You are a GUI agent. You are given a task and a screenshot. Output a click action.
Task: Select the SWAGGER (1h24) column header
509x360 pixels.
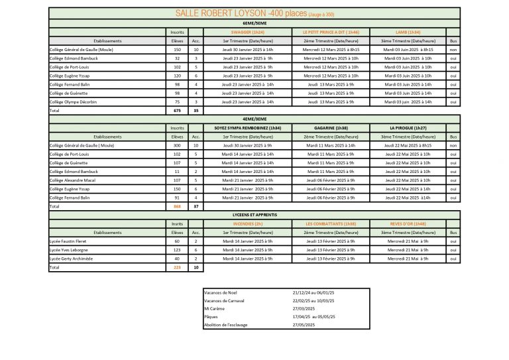[248, 32]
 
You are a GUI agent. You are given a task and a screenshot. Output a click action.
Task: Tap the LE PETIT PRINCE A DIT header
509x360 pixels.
[331, 32]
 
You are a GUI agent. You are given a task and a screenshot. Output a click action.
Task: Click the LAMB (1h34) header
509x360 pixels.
[408, 32]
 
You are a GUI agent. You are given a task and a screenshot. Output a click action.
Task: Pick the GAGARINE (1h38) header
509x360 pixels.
[331, 127]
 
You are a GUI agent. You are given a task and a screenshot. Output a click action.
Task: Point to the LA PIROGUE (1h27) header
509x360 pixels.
[408, 127]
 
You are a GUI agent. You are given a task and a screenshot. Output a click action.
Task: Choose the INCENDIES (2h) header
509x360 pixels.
[248, 224]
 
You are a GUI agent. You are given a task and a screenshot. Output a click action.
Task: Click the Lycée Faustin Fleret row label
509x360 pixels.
[69, 241]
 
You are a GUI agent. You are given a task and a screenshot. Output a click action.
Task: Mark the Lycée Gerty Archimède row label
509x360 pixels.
[71, 259]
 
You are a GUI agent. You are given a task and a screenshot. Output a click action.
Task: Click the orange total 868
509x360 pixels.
[177, 206]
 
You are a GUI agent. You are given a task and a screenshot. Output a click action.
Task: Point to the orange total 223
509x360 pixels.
[177, 267]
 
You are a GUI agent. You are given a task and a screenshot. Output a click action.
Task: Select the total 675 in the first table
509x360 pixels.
[177, 111]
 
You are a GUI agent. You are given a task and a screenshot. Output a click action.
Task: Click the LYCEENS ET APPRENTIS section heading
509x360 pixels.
[254, 215]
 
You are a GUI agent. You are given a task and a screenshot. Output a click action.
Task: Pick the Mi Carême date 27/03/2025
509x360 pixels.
[304, 309]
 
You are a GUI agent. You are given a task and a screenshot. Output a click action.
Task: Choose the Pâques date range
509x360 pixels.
[314, 317]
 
